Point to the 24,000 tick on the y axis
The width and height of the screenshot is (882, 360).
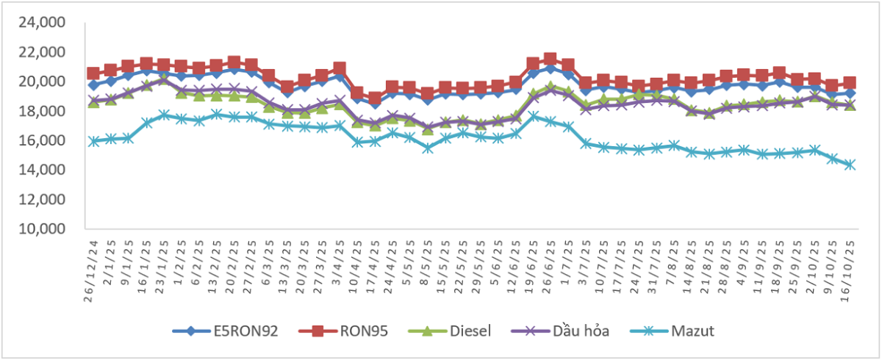tap(46, 23)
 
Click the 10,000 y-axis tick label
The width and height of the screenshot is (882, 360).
tap(46, 229)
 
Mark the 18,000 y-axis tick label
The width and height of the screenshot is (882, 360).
tap(46, 111)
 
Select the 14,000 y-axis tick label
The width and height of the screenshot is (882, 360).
tap(46, 170)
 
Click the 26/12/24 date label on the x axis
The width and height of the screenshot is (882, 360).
tap(93, 262)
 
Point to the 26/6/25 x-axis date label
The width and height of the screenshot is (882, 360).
tap(550, 260)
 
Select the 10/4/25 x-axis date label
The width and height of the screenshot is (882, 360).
tap(357, 260)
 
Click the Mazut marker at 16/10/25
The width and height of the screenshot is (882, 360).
tap(850, 165)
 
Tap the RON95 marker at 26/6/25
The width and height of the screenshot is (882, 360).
tap(550, 59)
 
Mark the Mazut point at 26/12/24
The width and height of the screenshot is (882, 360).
tap(93, 141)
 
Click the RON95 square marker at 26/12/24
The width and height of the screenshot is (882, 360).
tap(93, 73)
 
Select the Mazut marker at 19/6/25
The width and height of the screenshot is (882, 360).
tap(533, 116)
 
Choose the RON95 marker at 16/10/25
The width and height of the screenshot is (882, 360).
tap(850, 83)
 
